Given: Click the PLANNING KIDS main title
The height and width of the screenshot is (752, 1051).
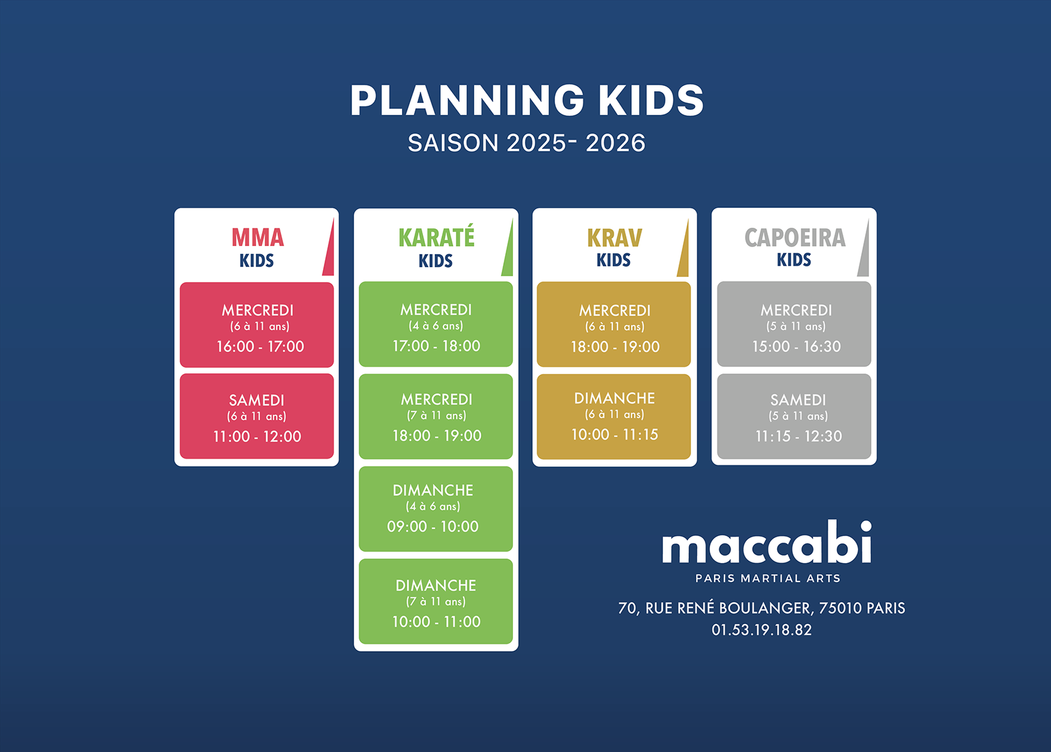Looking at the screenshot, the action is coord(527,100).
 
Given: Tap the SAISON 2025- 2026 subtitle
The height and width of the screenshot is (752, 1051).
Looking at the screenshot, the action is coord(526,142).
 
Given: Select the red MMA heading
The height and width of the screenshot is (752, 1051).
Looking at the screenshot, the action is coord(257,238).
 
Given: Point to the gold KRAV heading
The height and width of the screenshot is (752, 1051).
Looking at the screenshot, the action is coord(614,238).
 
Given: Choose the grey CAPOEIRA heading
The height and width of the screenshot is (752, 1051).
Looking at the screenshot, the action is coord(795,238).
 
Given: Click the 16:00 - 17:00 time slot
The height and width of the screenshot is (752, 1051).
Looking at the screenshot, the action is coord(260,346).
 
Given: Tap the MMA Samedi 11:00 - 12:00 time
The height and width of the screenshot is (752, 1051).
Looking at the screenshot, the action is coord(257,436).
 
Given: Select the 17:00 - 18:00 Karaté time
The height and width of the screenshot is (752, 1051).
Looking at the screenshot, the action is coord(436,346).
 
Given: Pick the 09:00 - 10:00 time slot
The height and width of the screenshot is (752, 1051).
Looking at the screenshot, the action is coord(433,526).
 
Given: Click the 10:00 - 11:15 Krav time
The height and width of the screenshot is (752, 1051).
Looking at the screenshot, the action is coord(615,434).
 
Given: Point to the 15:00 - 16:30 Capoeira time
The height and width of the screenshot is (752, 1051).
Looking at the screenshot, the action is coord(796,346).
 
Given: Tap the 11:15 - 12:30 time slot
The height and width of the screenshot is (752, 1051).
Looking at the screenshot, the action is coord(799,436).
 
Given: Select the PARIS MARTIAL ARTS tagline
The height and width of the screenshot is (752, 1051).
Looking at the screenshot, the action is coord(768,578).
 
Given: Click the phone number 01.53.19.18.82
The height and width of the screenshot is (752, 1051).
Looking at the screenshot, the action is coord(761,630).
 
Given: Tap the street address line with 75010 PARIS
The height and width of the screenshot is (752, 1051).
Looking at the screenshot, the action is coord(761,608).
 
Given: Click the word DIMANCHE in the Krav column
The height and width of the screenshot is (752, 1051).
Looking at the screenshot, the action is coord(615,398).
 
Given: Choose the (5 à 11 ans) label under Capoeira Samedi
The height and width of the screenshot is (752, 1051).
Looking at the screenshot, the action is coord(798,416).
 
